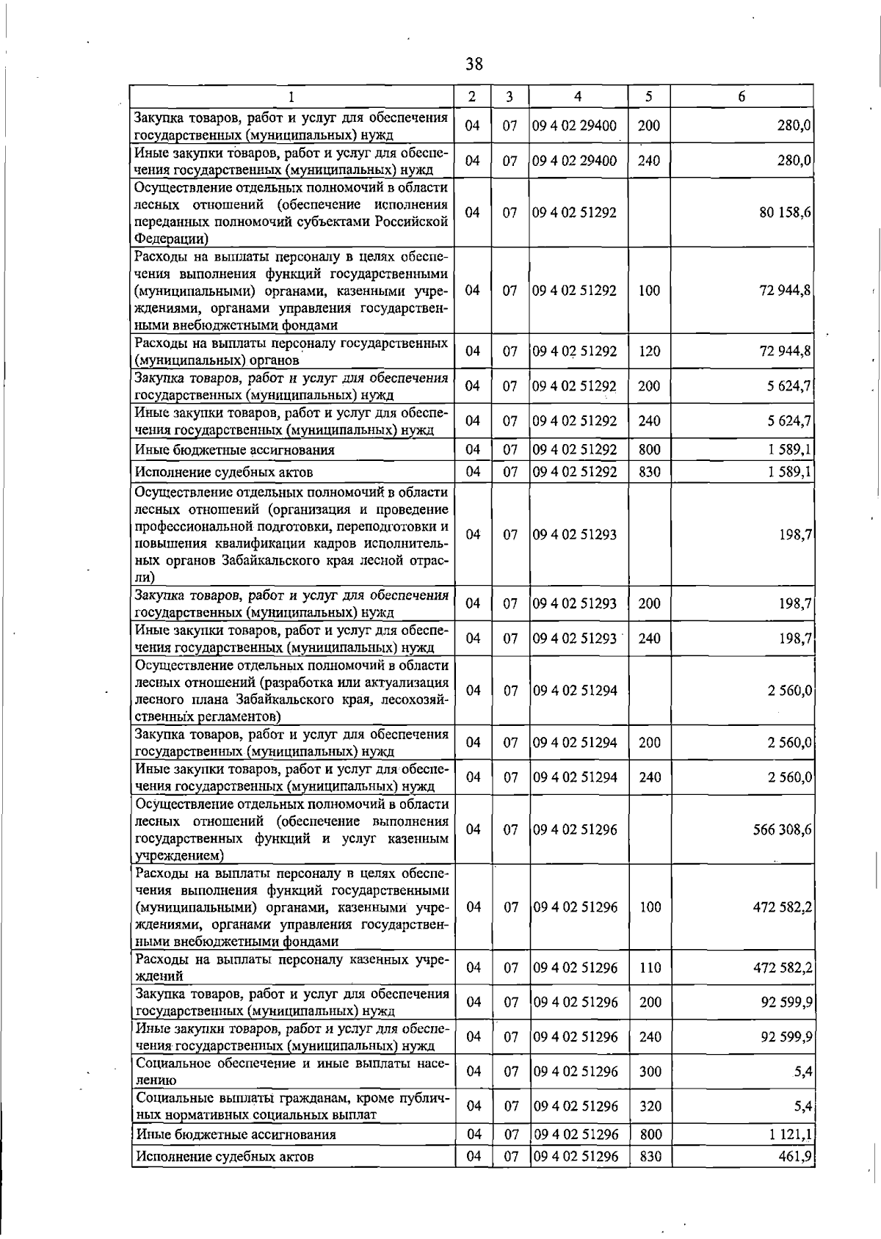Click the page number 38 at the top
(x=474, y=65)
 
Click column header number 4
(x=578, y=96)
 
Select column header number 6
(x=742, y=96)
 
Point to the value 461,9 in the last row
(x=795, y=1157)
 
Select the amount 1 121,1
(x=790, y=1135)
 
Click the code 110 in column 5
(x=650, y=968)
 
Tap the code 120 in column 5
(x=649, y=352)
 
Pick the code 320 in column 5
(x=650, y=1106)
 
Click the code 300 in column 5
(x=650, y=1072)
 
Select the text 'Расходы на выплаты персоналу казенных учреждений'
(x=291, y=967)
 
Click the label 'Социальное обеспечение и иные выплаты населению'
(x=291, y=1072)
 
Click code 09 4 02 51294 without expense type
(x=575, y=691)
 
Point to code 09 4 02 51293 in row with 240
(x=575, y=639)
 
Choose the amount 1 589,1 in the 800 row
(x=789, y=449)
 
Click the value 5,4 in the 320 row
(x=802, y=1106)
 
